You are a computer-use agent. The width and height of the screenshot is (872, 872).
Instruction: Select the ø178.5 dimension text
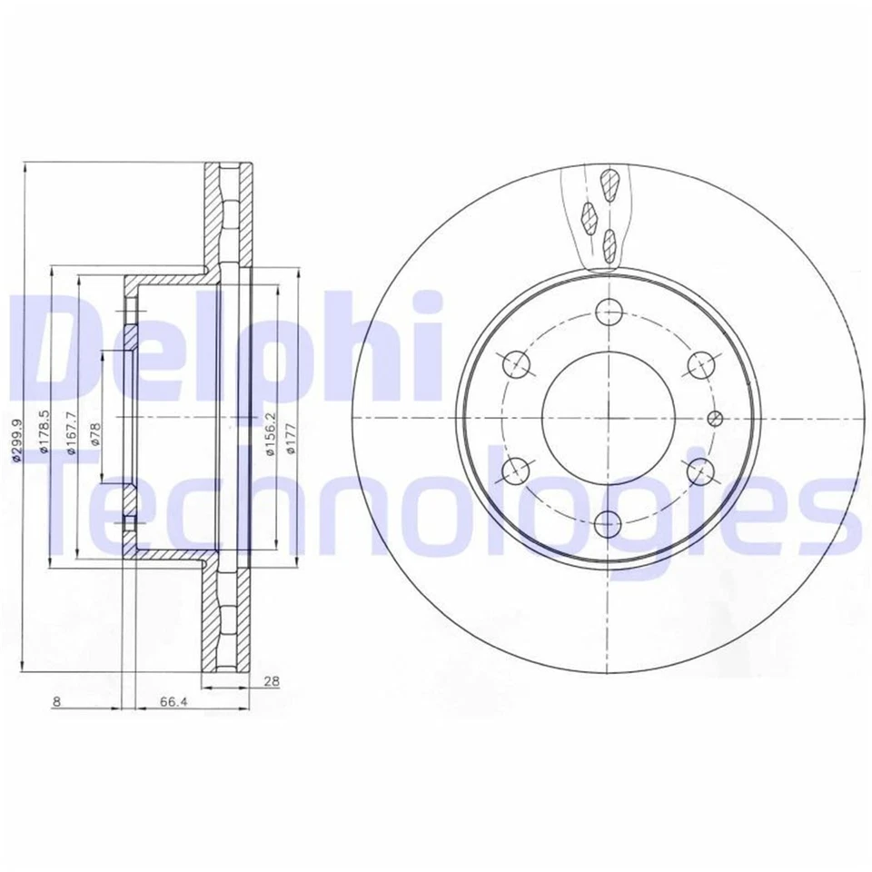(44, 436)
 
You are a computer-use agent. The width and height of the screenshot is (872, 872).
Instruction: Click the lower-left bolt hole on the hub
(515, 470)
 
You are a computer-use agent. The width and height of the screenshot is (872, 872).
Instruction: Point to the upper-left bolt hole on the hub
(515, 364)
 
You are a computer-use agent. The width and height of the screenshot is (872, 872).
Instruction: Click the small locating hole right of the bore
(713, 418)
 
